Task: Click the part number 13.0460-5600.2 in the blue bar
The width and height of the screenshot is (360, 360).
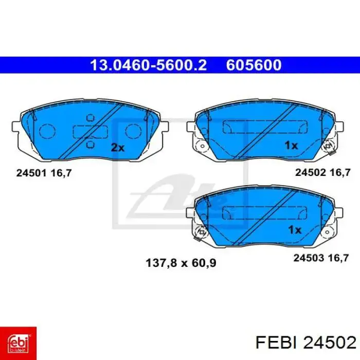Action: tap(148, 65)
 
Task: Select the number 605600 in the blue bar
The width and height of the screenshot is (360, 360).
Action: tap(254, 65)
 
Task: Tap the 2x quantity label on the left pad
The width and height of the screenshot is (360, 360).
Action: tap(118, 148)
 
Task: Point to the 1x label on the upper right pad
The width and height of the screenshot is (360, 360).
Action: tap(291, 146)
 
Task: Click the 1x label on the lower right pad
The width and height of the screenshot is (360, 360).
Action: tap(295, 230)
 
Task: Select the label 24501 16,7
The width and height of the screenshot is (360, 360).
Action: tap(44, 173)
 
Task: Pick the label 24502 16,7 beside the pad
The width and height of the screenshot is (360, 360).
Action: tap(323, 172)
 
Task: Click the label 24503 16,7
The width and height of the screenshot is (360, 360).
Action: tap(321, 258)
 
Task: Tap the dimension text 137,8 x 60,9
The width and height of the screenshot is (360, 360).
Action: tap(181, 263)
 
